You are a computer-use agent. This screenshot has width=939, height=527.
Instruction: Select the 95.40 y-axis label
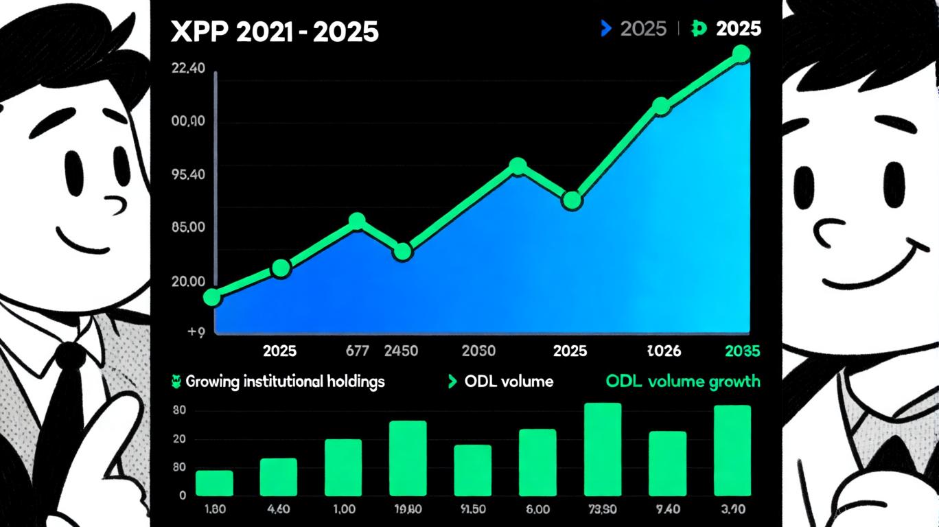click(x=187, y=174)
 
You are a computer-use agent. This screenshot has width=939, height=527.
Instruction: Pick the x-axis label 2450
click(x=401, y=351)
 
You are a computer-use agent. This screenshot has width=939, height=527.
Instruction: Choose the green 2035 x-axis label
click(x=743, y=351)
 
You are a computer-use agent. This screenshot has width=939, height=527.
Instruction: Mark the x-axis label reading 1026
click(x=664, y=351)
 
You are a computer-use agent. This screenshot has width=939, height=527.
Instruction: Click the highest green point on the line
click(x=741, y=54)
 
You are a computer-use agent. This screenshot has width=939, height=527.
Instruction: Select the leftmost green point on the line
click(x=213, y=297)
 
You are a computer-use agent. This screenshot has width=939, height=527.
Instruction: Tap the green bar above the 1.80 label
click(x=214, y=483)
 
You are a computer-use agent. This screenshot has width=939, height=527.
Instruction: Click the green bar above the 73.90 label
click(x=603, y=449)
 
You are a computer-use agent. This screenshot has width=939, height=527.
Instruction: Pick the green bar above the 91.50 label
click(x=473, y=470)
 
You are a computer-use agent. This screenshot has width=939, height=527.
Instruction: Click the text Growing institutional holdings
click(x=285, y=382)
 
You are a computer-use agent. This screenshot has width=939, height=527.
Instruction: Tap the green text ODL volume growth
click(x=683, y=382)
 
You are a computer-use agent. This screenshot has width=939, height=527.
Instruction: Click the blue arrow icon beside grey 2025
click(x=605, y=28)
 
